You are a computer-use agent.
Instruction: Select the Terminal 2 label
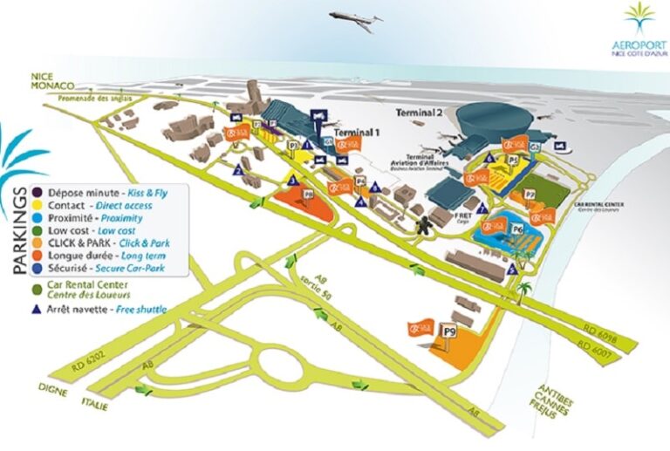[420, 113]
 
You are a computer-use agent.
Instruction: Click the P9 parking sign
[450, 331]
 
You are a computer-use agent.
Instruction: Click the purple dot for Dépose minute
[38, 190]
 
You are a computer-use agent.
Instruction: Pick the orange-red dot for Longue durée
[38, 257]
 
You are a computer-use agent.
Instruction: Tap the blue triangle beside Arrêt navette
[38, 309]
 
